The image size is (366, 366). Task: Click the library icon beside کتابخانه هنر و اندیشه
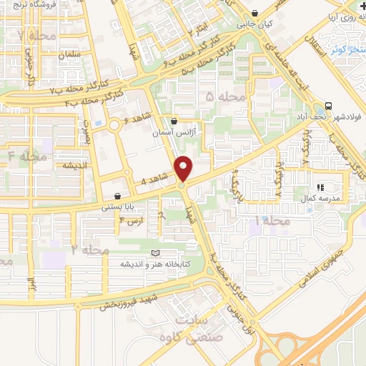coord(157,253)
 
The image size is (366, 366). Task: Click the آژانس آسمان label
coord(175,132)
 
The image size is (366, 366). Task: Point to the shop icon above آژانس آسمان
coord(176,121)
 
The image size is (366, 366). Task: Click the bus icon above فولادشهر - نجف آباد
coord(328,104)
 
